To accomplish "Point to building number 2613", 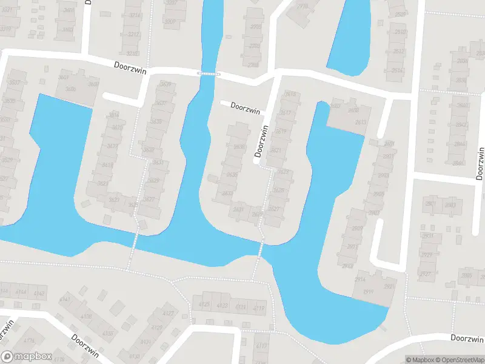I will pyautogui.click(x=361, y=123).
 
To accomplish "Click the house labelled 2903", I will pyautogui.click(x=383, y=175).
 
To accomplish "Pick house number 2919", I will pyautogui.click(x=368, y=292).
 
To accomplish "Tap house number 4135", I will pyautogui.click(x=108, y=333).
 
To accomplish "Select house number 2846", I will pyautogui.click(x=458, y=163).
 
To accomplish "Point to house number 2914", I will pyautogui.click(x=360, y=279).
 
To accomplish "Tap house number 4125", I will pyautogui.click(x=204, y=304).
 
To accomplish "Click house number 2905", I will pyautogui.click(x=379, y=194).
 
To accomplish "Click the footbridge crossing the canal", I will pyautogui.click(x=208, y=73).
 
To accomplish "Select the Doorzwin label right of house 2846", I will pyautogui.click(x=481, y=164).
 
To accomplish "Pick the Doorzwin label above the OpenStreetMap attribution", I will pyautogui.click(x=467, y=339).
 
